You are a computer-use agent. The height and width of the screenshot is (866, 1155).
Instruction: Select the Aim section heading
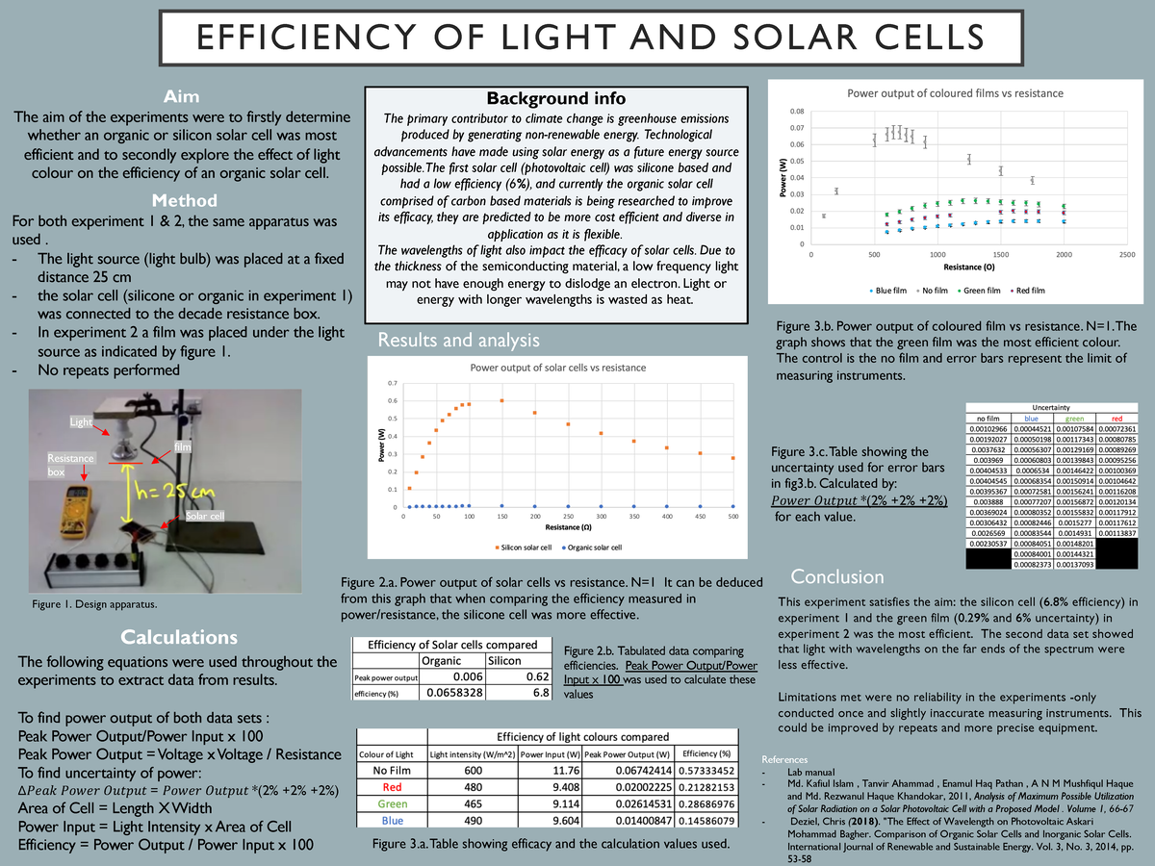(x=182, y=96)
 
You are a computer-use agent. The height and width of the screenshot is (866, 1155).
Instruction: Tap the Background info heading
(x=555, y=99)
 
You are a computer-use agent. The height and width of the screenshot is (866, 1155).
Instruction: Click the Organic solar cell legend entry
(x=591, y=548)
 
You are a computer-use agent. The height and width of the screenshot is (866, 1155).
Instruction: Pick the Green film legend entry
(x=980, y=290)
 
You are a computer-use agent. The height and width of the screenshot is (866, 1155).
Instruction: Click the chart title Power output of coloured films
(x=954, y=93)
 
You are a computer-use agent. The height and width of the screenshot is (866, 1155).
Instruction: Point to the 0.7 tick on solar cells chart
(x=392, y=383)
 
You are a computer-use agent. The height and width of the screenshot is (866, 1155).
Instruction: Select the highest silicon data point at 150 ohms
(x=501, y=400)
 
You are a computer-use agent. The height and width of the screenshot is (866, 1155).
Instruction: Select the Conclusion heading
(x=836, y=576)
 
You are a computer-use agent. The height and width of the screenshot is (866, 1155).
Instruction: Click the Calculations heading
(x=179, y=637)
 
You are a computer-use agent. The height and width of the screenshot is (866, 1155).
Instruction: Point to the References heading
(x=784, y=759)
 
